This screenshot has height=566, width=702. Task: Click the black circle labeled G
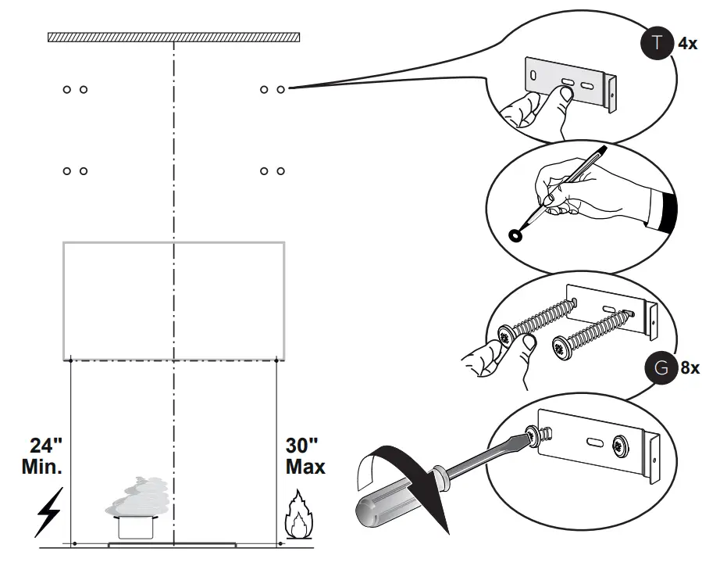(x=661, y=367)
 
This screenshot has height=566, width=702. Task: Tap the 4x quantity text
(x=687, y=45)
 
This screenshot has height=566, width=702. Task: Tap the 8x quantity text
(x=690, y=368)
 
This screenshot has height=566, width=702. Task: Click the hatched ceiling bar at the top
(x=173, y=37)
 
